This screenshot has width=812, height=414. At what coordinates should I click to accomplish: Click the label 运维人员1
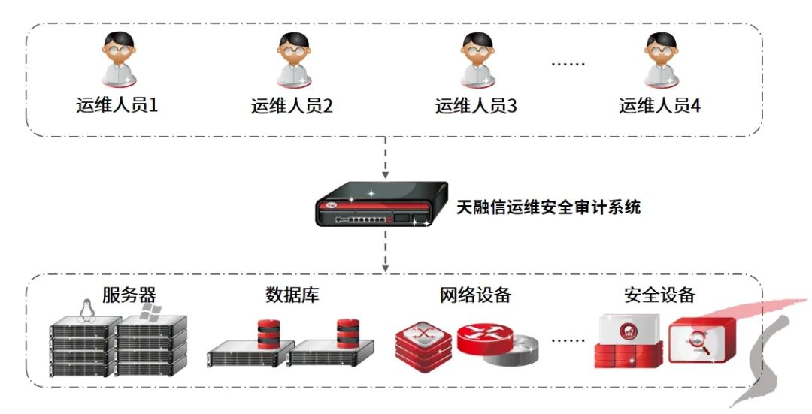(117, 105)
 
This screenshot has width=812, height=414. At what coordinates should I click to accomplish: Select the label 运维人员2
(292, 105)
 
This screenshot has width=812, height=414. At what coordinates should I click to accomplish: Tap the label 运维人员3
(476, 105)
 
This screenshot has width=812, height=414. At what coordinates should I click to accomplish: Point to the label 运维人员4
(659, 105)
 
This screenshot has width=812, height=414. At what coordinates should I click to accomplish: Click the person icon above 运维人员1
(118, 59)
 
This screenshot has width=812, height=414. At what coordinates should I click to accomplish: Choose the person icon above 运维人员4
(660, 59)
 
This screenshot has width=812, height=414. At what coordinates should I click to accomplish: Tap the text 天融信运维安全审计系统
(549, 207)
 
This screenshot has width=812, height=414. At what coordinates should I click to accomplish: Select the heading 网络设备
(474, 295)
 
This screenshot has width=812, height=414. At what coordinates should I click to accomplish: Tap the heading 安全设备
(659, 295)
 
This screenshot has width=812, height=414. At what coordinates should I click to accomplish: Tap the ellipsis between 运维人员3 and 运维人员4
(568, 63)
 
